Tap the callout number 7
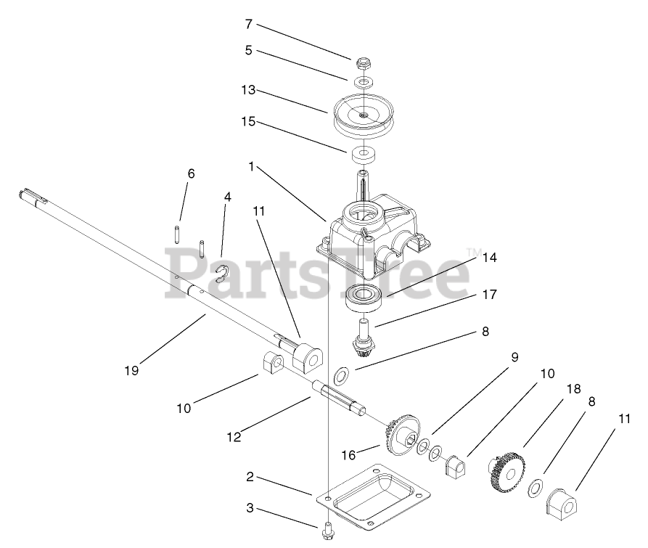coord(248,25)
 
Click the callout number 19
coord(131,369)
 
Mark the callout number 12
coord(234,437)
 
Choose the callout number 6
coord(191,173)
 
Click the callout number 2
coord(249,477)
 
